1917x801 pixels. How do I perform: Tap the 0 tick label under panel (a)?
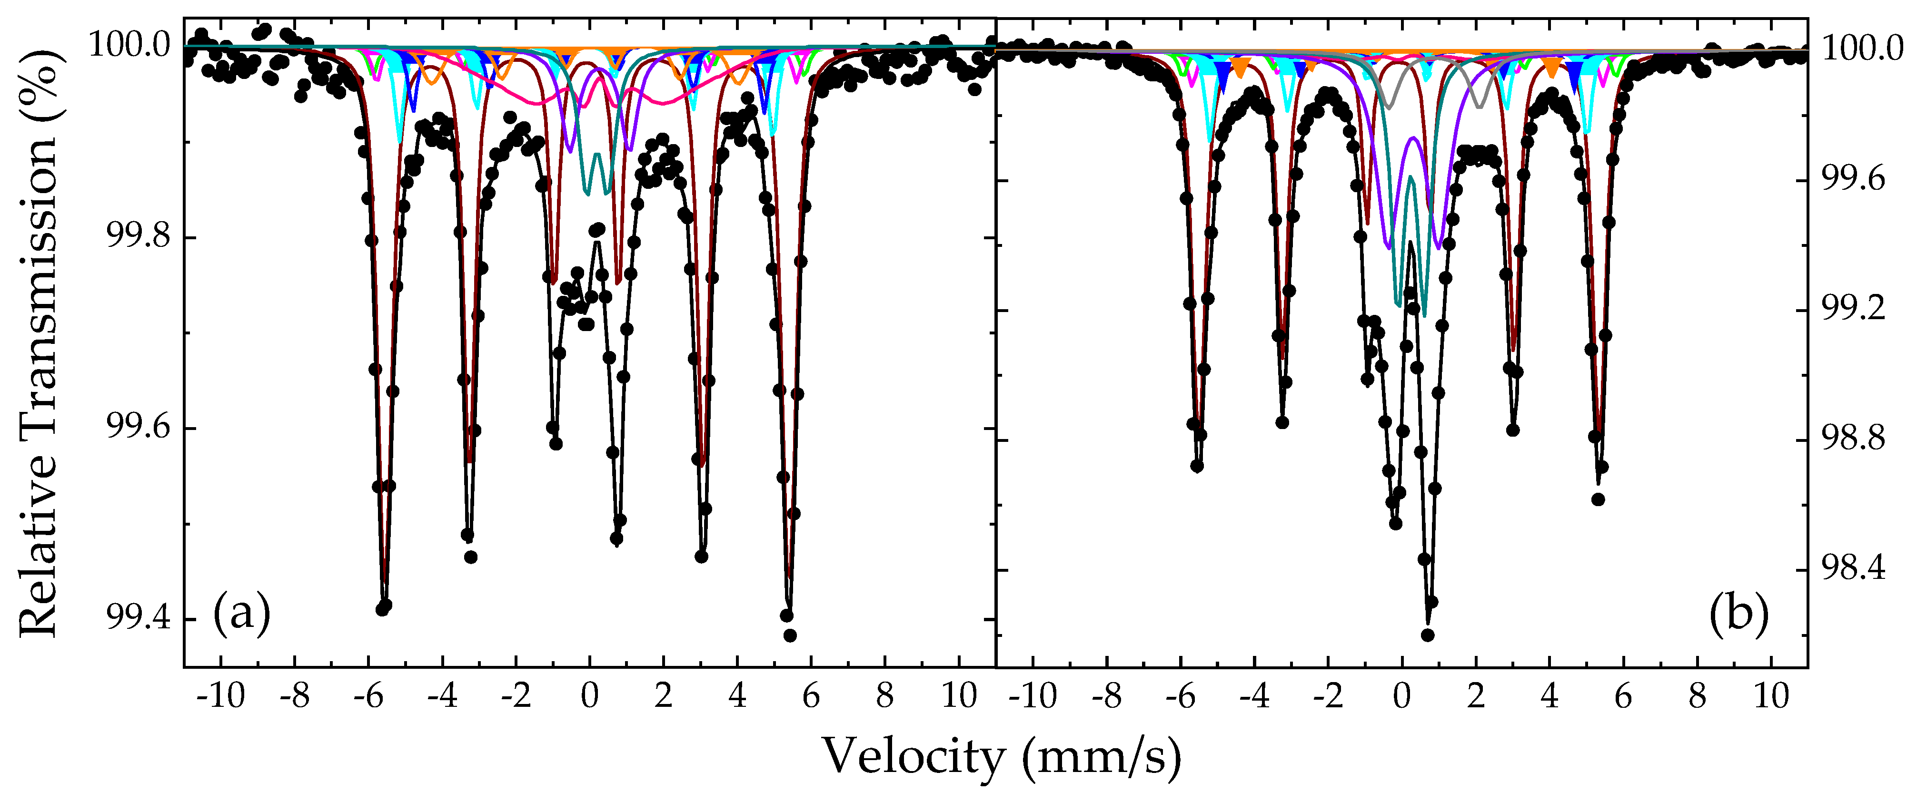pos(589,697)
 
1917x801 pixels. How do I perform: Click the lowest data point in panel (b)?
pos(1427,635)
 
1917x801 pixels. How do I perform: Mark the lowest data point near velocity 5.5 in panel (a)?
pos(790,635)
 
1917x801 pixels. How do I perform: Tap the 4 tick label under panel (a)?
pos(737,697)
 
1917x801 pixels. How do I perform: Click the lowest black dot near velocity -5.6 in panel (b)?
pos(1197,466)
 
